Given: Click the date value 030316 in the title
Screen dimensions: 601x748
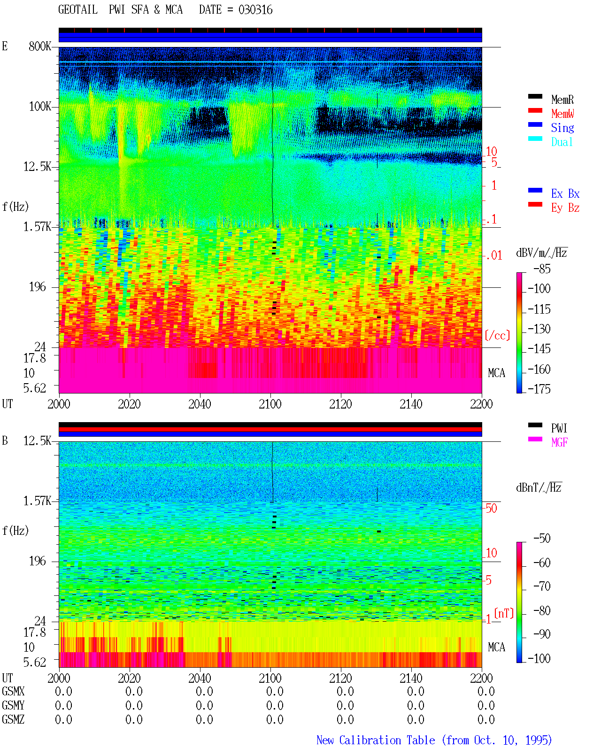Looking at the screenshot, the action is (255, 10).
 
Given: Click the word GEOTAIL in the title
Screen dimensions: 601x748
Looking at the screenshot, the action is (78, 10).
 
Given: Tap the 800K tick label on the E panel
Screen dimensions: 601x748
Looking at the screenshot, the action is (39, 46).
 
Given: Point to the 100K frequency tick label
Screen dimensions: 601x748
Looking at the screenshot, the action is (39, 107).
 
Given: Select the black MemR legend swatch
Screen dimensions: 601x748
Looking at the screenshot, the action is (535, 96).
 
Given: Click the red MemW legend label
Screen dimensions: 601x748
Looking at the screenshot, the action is (562, 113).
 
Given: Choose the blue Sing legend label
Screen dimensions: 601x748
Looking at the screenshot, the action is (562, 128).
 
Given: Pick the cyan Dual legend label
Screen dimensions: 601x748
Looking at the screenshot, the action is (562, 142).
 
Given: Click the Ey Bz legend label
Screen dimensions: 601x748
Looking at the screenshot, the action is (565, 208).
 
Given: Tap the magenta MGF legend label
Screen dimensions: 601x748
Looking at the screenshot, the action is (559, 442).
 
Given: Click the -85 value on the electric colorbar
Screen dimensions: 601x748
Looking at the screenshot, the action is (542, 269).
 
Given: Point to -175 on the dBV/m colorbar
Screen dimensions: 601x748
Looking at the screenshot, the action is (539, 389).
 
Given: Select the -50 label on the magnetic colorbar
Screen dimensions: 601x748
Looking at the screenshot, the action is (542, 539).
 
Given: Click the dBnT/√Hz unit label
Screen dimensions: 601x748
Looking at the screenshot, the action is (539, 487).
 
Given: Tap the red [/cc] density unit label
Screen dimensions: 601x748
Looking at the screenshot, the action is (497, 335).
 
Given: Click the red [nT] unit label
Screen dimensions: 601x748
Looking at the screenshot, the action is (504, 613).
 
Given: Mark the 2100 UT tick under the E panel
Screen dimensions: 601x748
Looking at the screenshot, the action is (270, 404).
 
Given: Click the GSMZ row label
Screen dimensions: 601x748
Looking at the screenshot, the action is (13, 719).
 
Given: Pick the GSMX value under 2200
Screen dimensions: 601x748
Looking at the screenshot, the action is (486, 691).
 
